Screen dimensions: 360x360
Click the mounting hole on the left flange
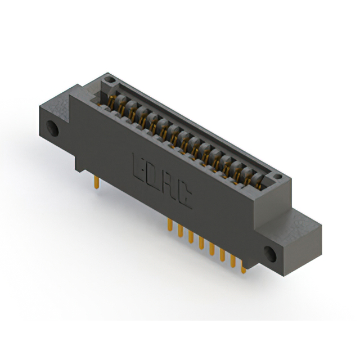[55, 128]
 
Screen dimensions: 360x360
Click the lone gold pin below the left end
[97, 182]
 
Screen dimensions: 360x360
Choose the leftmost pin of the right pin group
[169, 226]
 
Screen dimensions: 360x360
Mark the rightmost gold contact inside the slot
[258, 181]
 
